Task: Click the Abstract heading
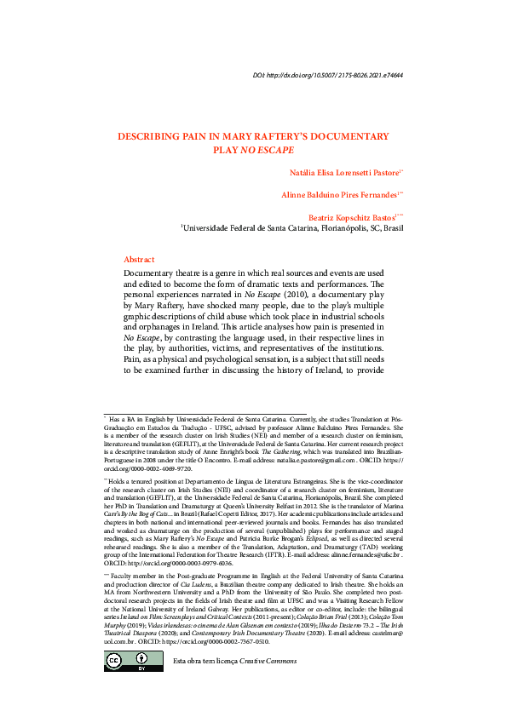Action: click(x=139, y=259)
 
